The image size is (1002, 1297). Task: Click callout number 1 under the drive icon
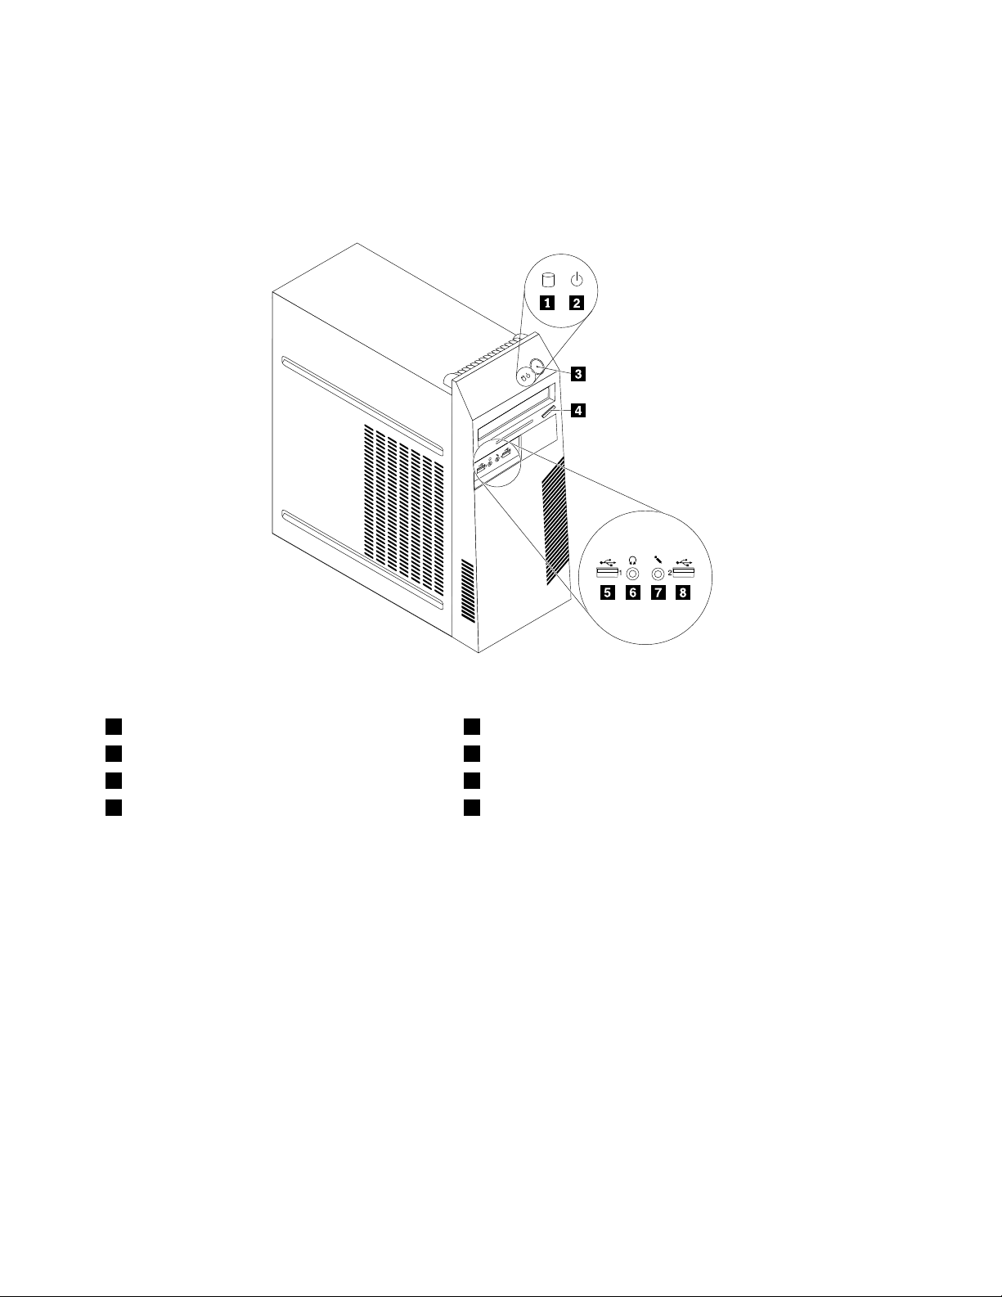pyautogui.click(x=546, y=303)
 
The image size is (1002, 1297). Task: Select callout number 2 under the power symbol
pyautogui.click(x=577, y=303)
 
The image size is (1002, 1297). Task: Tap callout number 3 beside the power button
pyautogui.click(x=577, y=375)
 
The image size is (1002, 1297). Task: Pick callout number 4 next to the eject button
pyautogui.click(x=577, y=411)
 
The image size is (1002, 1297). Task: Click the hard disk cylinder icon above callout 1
pyautogui.click(x=546, y=280)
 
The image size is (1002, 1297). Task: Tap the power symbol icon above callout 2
pyautogui.click(x=577, y=279)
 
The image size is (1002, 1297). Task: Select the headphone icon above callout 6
pyautogui.click(x=632, y=561)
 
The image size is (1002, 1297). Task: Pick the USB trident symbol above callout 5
pyautogui.click(x=607, y=561)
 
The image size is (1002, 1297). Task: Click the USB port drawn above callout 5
pyautogui.click(x=606, y=573)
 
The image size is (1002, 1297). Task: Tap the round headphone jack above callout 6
pyautogui.click(x=632, y=575)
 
